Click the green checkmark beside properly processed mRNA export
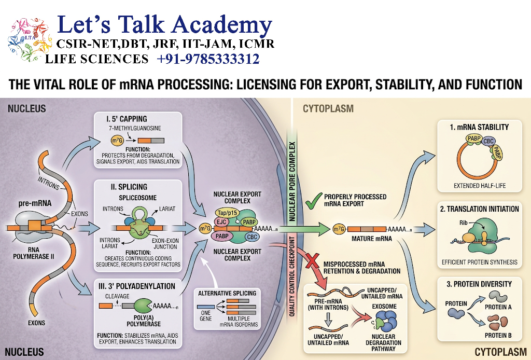[313, 201]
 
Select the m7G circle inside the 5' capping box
[117, 140]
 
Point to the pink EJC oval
[222, 222]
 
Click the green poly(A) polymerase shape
[143, 306]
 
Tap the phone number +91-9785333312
[208, 59]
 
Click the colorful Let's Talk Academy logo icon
[30, 39]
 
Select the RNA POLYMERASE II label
[34, 253]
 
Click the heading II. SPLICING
[129, 187]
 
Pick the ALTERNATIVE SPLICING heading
[227, 293]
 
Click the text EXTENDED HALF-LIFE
[480, 186]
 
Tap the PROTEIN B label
[498, 335]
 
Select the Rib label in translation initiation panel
[463, 223]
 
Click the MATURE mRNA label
[371, 239]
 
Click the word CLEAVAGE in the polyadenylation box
[117, 296]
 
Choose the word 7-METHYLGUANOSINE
[135, 128]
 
